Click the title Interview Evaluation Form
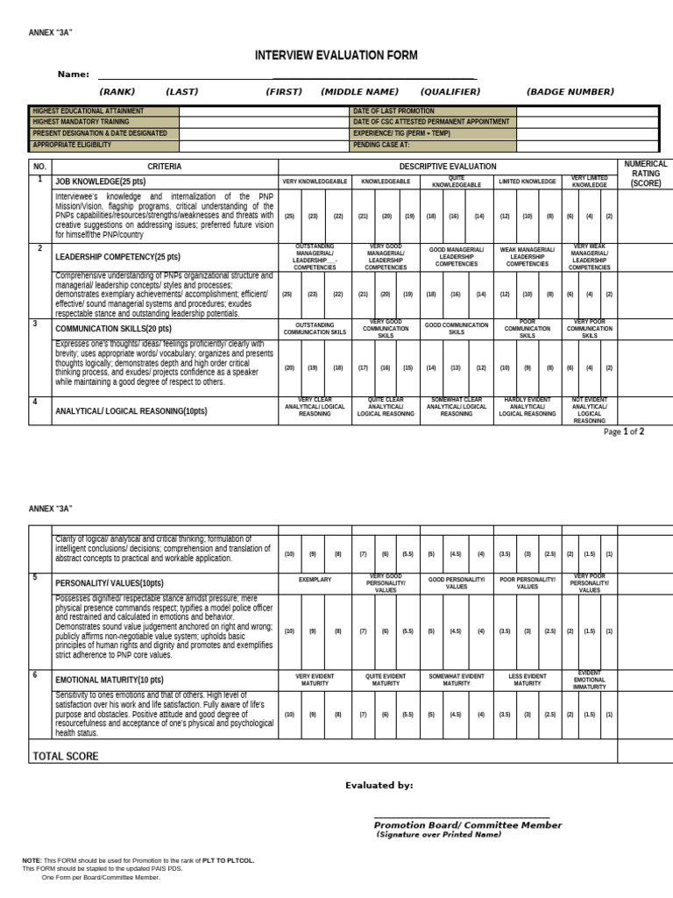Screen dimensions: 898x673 (x=336, y=55)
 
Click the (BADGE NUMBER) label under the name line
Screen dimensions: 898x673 (x=570, y=91)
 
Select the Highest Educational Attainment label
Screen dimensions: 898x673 (x=88, y=111)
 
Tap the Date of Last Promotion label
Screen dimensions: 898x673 (x=393, y=111)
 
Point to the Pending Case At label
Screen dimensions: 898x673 (x=381, y=146)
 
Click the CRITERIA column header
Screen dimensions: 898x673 (x=165, y=166)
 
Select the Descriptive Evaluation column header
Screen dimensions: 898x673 (x=447, y=166)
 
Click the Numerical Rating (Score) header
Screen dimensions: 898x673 (x=645, y=174)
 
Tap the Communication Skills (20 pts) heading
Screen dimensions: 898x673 (x=113, y=329)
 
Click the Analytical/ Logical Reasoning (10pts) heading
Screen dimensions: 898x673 (x=131, y=410)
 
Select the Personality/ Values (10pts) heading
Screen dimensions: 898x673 (x=109, y=583)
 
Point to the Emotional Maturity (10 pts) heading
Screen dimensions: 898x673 (x=109, y=680)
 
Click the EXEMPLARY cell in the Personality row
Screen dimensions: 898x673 (x=315, y=580)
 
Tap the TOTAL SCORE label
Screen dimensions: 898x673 (x=66, y=756)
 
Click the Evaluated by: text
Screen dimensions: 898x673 (x=379, y=786)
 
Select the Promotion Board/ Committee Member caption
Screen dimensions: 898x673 (x=468, y=825)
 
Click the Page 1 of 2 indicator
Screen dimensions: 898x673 (x=625, y=431)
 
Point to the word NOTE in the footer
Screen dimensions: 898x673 (x=32, y=860)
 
